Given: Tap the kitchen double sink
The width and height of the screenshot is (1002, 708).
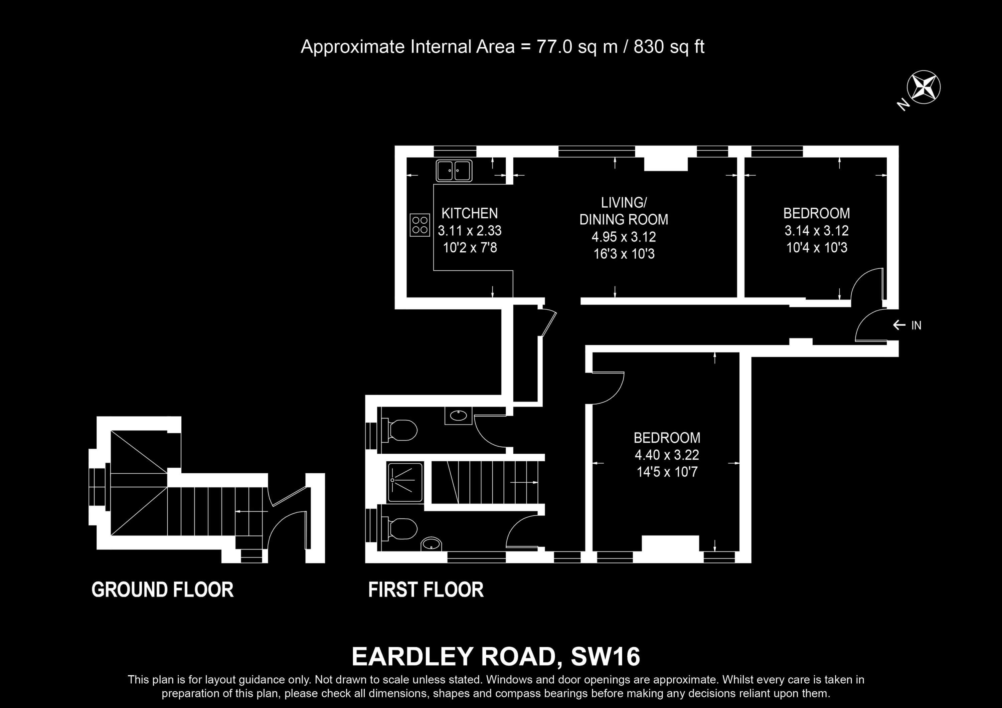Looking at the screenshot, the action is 454,170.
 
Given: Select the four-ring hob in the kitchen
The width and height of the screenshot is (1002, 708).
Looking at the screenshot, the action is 420,225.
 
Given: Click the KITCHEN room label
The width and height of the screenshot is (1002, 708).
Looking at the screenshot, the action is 470,213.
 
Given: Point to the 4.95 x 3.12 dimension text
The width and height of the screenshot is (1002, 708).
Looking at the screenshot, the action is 624,237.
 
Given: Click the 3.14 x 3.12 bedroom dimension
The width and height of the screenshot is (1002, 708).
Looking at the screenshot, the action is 817,230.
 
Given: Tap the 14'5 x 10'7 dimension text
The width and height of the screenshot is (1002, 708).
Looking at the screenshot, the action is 667,472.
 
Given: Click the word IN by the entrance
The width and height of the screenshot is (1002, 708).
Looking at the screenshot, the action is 916,325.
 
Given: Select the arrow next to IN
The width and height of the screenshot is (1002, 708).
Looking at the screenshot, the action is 899,325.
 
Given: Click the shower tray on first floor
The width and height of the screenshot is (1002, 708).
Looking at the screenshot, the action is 405,482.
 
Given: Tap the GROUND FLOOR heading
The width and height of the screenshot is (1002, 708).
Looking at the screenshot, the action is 162,590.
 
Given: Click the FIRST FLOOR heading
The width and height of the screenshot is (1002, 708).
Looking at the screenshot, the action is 426,590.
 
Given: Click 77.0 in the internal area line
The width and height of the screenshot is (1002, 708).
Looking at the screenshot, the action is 554,47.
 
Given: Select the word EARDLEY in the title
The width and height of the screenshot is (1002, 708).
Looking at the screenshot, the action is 412,657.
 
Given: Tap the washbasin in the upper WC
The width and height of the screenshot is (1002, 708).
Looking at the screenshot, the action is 458,415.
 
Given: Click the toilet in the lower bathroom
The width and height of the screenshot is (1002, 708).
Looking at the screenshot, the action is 399,529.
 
